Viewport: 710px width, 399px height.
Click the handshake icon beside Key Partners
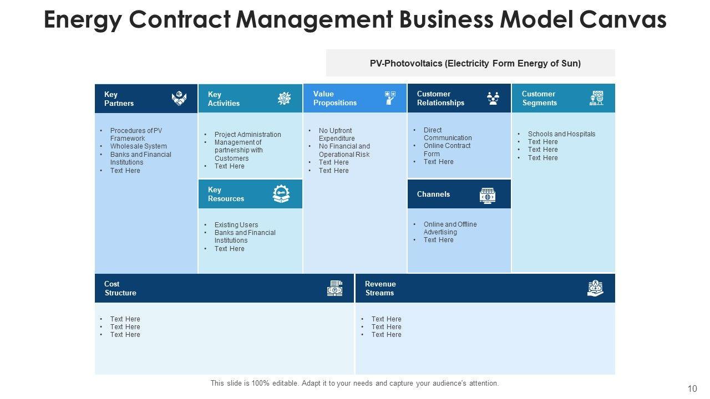point(179,99)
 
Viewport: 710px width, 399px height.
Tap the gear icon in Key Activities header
point(284,99)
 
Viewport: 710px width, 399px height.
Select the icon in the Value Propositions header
point(390,98)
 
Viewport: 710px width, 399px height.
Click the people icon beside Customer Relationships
point(493,98)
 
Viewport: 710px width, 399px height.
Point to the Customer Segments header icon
point(597,98)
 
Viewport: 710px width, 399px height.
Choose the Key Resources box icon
point(281,194)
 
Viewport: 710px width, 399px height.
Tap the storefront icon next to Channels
point(488,196)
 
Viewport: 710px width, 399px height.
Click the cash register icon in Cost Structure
point(334,288)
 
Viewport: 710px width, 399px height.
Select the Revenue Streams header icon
point(595,288)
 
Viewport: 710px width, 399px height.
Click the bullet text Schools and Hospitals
point(561,134)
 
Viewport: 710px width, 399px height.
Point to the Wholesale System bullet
point(138,146)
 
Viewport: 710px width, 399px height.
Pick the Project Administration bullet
point(247,135)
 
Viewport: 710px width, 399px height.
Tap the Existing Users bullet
point(236,225)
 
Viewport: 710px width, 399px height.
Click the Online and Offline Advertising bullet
point(450,228)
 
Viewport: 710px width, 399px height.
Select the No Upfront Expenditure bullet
point(336,135)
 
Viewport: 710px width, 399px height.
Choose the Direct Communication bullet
point(447,134)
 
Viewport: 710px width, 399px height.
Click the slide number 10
point(692,388)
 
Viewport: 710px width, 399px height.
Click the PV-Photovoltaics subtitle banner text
point(475,63)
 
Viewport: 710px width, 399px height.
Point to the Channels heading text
point(433,194)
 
